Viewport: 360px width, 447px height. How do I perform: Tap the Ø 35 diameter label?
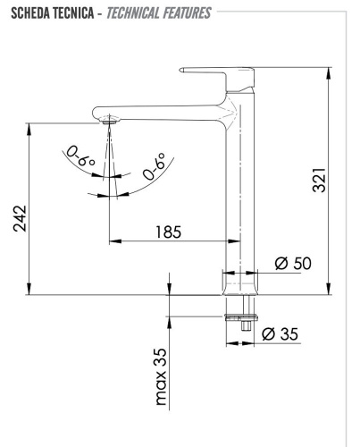(x=280, y=334)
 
